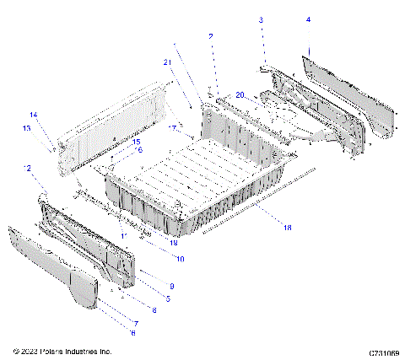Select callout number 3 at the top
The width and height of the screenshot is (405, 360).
tap(261, 19)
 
